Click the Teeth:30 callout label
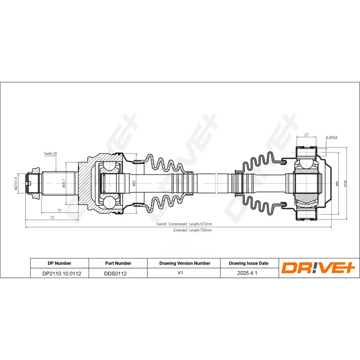click(50, 153)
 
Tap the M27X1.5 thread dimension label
click(16, 183)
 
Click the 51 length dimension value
click(60, 210)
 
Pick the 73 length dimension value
click(52, 217)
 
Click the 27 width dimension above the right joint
click(306, 135)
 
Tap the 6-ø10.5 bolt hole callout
click(332, 137)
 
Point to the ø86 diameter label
click(337, 184)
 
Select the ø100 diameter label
click(345, 184)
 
